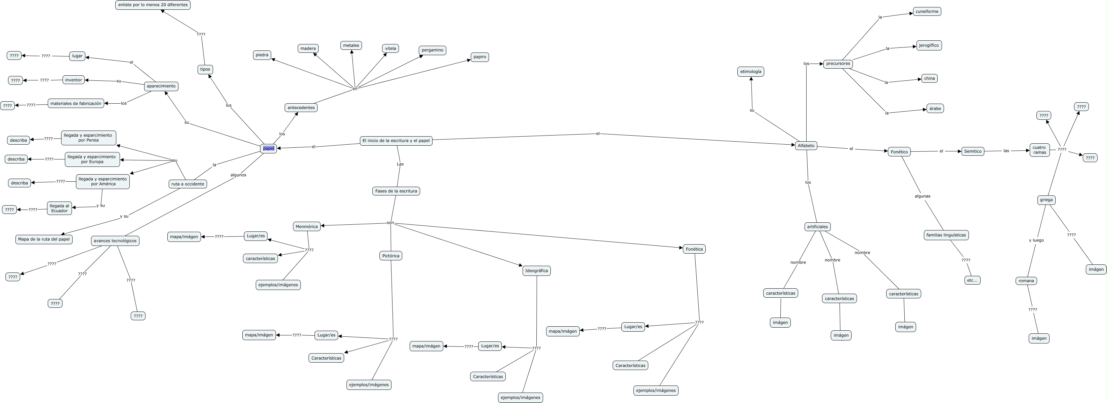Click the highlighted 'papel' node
click(269, 148)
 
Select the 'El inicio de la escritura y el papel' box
click(396, 141)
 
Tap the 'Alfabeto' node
click(806, 146)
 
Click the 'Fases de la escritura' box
click(396, 191)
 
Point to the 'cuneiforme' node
click(927, 12)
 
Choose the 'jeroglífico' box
click(929, 45)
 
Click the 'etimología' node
click(750, 71)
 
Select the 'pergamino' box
click(432, 50)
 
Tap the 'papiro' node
click(480, 57)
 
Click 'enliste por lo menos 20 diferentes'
click(153, 5)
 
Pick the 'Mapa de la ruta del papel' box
click(44, 239)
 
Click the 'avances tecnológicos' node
click(115, 241)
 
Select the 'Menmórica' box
click(307, 227)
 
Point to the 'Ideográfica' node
click(536, 270)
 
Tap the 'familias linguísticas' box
click(946, 235)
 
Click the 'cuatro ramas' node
click(1039, 150)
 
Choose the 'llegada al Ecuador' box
click(59, 208)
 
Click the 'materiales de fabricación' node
click(76, 103)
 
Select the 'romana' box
click(1026, 281)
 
